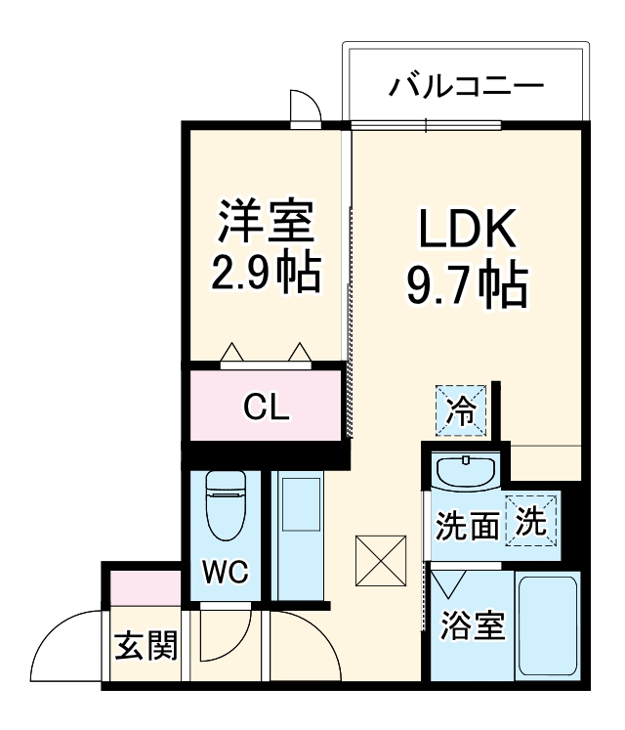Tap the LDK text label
click(x=466, y=233)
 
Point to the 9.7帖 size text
click(x=466, y=284)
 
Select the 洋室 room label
click(x=266, y=223)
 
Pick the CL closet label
click(x=267, y=408)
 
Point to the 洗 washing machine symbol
click(x=532, y=520)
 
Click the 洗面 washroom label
click(x=468, y=528)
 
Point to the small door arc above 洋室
click(x=303, y=107)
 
